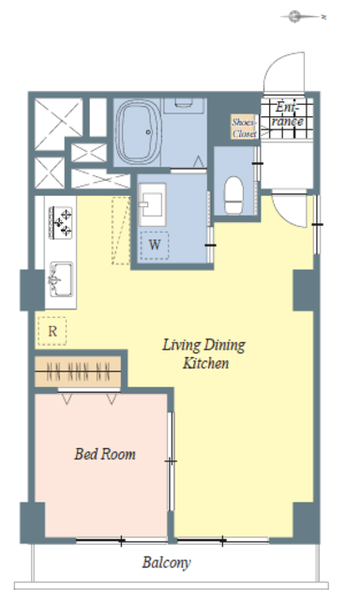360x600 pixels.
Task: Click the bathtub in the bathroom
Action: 138,132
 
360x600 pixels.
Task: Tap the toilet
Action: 233,195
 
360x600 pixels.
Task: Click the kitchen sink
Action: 60,279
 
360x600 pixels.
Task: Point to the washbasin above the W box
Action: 152,204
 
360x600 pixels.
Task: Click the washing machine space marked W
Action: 154,246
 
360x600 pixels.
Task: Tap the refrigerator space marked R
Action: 52,331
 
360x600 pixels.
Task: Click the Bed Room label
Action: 105,454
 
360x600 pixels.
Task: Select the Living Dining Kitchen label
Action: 204,354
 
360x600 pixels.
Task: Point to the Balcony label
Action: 167,562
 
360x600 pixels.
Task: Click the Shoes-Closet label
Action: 244,127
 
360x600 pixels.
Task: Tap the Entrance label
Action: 288,114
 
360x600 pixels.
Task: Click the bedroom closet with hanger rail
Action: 78,371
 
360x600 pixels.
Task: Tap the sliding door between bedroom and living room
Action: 171,461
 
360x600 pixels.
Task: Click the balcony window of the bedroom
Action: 122,541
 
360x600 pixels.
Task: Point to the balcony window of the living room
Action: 223,541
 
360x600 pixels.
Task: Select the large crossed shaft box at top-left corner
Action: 58,124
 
